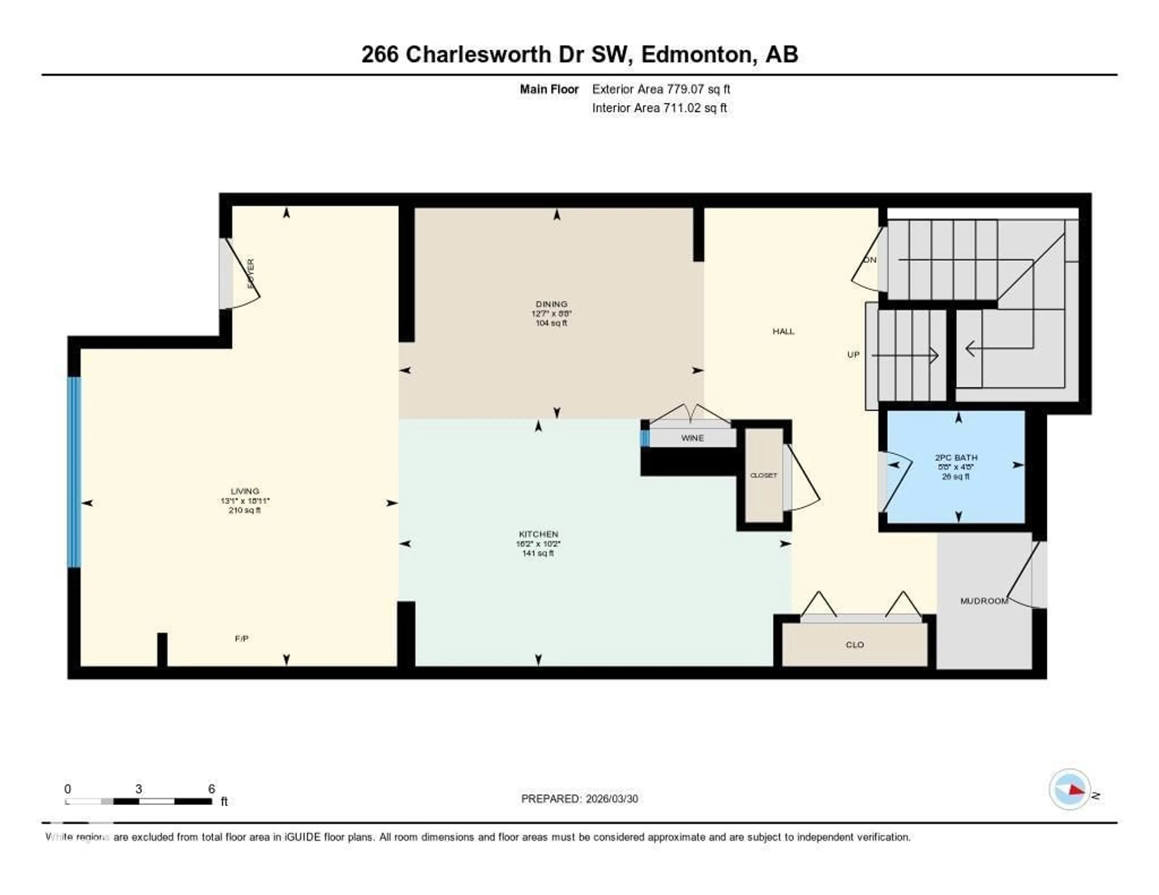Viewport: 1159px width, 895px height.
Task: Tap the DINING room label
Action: [551, 304]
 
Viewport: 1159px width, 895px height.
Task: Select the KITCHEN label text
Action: [538, 534]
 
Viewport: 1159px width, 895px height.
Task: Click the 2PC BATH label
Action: [956, 457]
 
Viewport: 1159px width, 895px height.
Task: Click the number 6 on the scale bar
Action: [211, 789]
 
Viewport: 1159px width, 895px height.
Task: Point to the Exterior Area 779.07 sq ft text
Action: [661, 89]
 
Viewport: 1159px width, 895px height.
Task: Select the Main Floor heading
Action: [549, 89]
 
